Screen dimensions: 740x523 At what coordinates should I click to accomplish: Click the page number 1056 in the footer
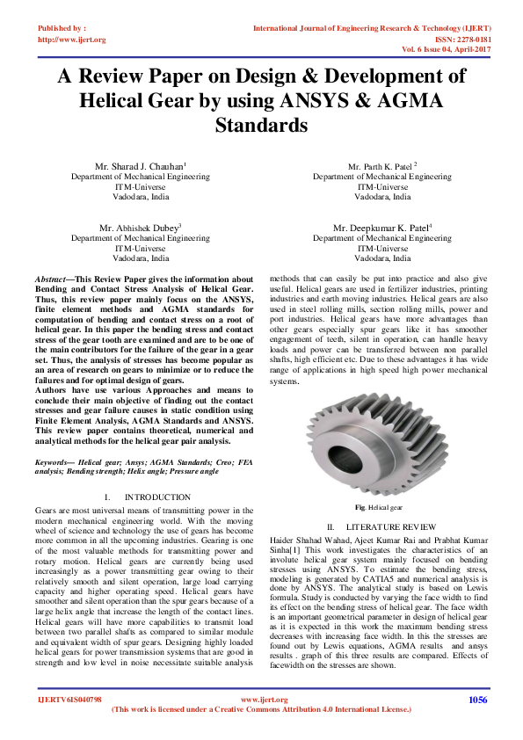point(477,700)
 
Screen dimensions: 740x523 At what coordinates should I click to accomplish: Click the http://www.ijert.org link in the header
point(72,40)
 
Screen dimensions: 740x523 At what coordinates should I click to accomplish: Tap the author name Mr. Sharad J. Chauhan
point(140,166)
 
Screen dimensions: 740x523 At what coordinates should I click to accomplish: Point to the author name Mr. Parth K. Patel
point(381,166)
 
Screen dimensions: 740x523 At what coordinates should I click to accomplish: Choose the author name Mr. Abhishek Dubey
point(140,227)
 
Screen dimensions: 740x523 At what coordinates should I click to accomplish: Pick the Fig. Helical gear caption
point(379,508)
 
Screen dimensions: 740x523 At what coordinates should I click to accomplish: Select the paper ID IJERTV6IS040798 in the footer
point(69,700)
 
